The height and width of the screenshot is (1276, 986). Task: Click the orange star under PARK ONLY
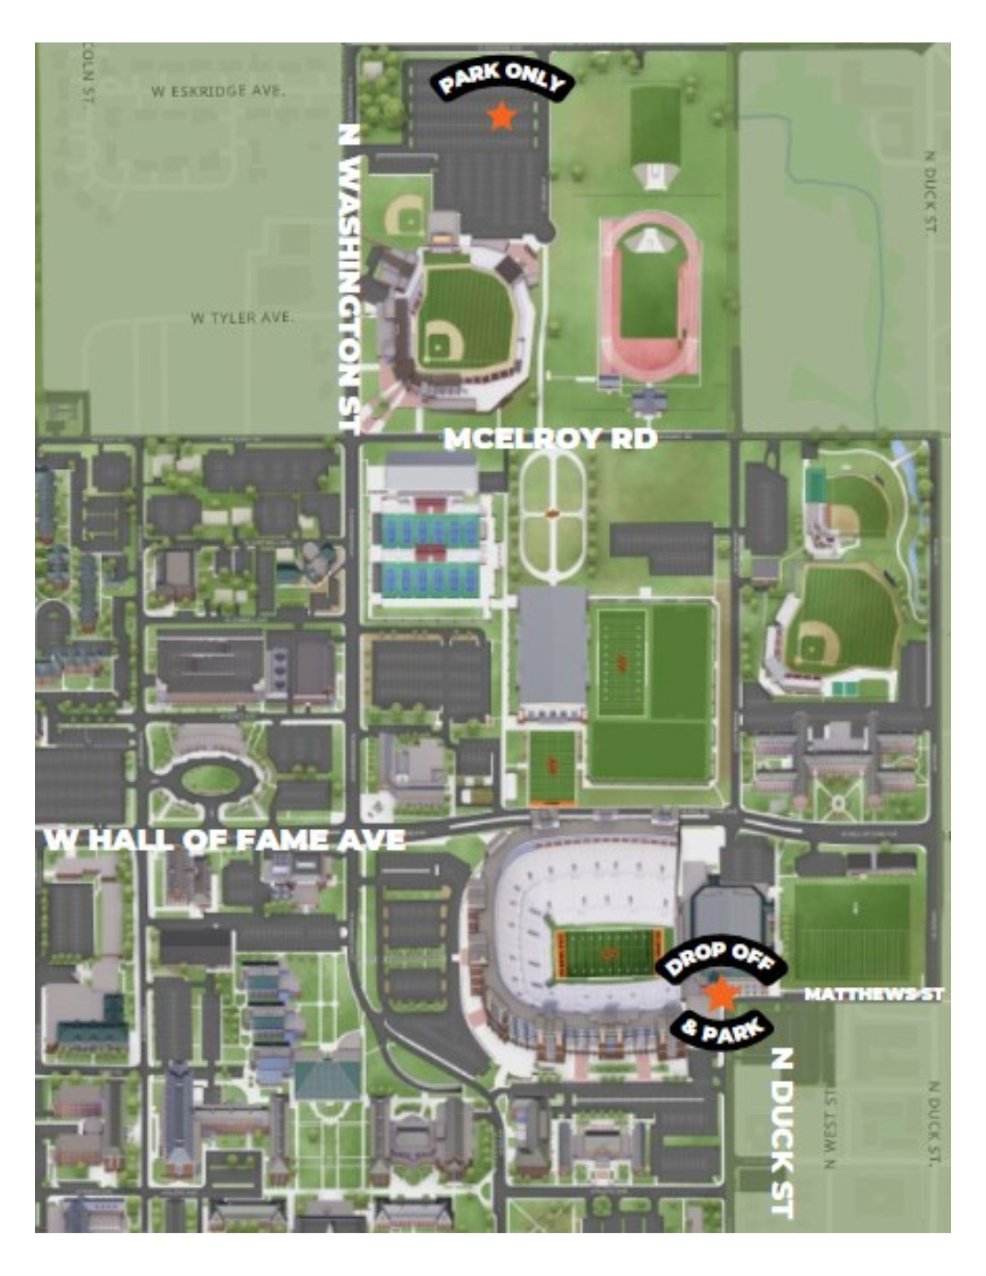pyautogui.click(x=502, y=115)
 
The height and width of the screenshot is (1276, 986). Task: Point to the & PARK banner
pyautogui.click(x=722, y=1030)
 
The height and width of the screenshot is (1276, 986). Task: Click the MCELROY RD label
pyautogui.click(x=550, y=439)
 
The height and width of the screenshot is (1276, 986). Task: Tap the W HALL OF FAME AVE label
pyautogui.click(x=225, y=840)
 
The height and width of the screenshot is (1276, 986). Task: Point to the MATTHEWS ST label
pyautogui.click(x=872, y=994)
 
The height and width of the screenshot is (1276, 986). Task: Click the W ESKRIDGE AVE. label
pyautogui.click(x=218, y=91)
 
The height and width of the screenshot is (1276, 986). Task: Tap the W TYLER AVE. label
pyautogui.click(x=243, y=317)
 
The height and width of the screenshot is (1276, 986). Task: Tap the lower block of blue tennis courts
pyautogui.click(x=430, y=579)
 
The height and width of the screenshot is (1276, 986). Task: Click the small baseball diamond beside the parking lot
pyautogui.click(x=406, y=215)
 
